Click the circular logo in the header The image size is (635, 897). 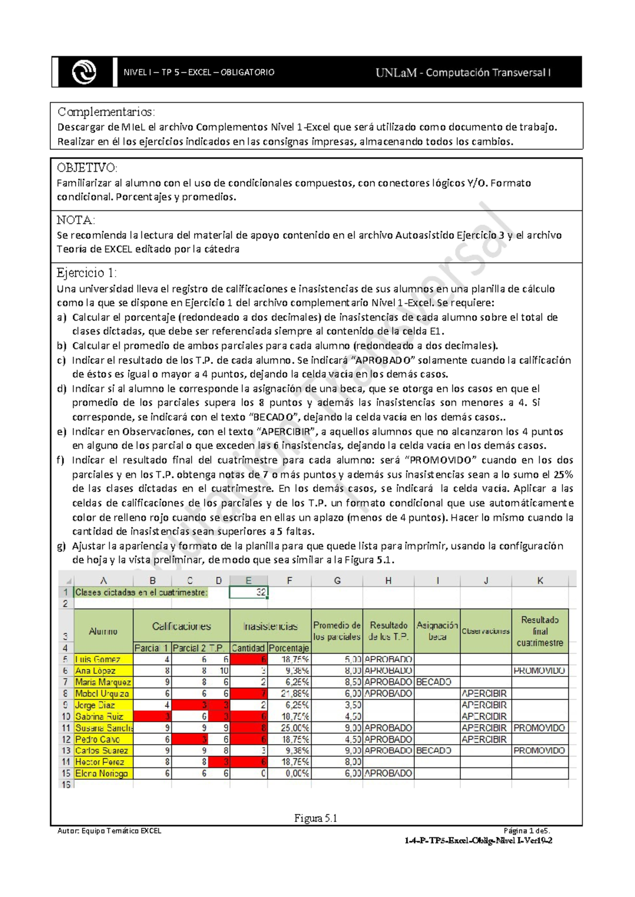[x=84, y=72]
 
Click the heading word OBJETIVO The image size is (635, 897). [x=87, y=168]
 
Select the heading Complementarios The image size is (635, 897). [x=106, y=112]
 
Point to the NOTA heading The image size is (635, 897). [x=76, y=220]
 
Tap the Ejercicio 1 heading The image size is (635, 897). [x=86, y=273]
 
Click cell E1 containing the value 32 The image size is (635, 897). [x=249, y=592]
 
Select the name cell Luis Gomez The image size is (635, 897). [x=104, y=660]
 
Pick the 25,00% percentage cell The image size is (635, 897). [x=289, y=728]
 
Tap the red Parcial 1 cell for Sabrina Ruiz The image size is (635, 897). [x=152, y=717]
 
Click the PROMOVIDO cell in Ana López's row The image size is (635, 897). [x=540, y=671]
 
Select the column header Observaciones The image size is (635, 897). [x=486, y=631]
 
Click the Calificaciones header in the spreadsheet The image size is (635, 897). [x=182, y=627]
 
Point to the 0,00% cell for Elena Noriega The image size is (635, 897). [x=289, y=773]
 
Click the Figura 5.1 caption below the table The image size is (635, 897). [x=316, y=818]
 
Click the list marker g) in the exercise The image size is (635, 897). [x=61, y=546]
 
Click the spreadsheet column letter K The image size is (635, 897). [x=540, y=581]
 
